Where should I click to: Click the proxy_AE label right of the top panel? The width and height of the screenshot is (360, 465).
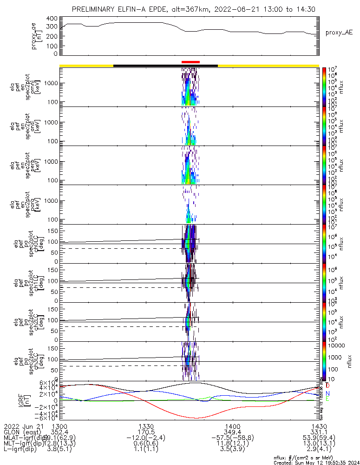tap(339, 33)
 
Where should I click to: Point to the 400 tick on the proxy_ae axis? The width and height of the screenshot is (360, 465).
tap(52, 19)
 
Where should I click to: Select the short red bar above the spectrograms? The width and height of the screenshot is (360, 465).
tap(190, 62)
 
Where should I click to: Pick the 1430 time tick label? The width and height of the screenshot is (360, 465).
tap(319, 426)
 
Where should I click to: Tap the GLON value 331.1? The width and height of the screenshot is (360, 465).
tap(319, 432)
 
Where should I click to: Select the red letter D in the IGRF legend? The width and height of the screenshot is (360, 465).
tap(328, 386)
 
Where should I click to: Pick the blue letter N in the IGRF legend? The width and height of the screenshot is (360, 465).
tap(328, 393)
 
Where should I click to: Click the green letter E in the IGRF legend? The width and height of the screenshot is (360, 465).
tap(328, 399)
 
